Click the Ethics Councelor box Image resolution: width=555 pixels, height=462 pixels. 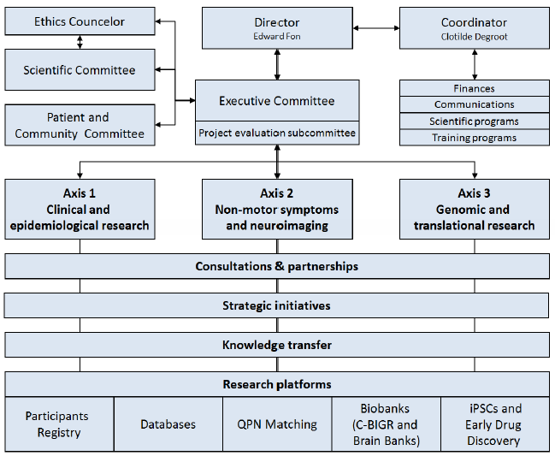80,21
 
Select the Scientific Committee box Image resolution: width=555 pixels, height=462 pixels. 80,70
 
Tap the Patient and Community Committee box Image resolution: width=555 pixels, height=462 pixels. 80,125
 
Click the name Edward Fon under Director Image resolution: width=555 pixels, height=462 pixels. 276,36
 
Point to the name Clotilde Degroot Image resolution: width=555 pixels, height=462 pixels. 474,36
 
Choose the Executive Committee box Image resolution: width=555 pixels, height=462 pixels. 276,101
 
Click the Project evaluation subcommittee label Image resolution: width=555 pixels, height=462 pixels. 276,133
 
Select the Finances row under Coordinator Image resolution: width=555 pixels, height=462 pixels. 474,88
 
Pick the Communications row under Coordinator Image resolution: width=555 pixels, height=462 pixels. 474,104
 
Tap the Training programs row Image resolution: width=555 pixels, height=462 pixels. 474,138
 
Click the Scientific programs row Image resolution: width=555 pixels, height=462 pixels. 474,121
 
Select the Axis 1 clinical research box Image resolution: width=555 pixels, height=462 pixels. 80,210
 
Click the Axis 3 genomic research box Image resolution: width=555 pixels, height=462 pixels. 474,210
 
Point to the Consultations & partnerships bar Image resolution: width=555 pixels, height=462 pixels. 276,266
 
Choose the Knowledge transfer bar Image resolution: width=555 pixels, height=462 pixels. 276,345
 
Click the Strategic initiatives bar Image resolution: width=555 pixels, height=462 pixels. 276,305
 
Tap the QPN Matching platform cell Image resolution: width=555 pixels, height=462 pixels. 276,424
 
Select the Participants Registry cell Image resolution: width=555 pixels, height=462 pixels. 58,424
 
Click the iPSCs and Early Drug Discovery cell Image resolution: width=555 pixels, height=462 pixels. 494,424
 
